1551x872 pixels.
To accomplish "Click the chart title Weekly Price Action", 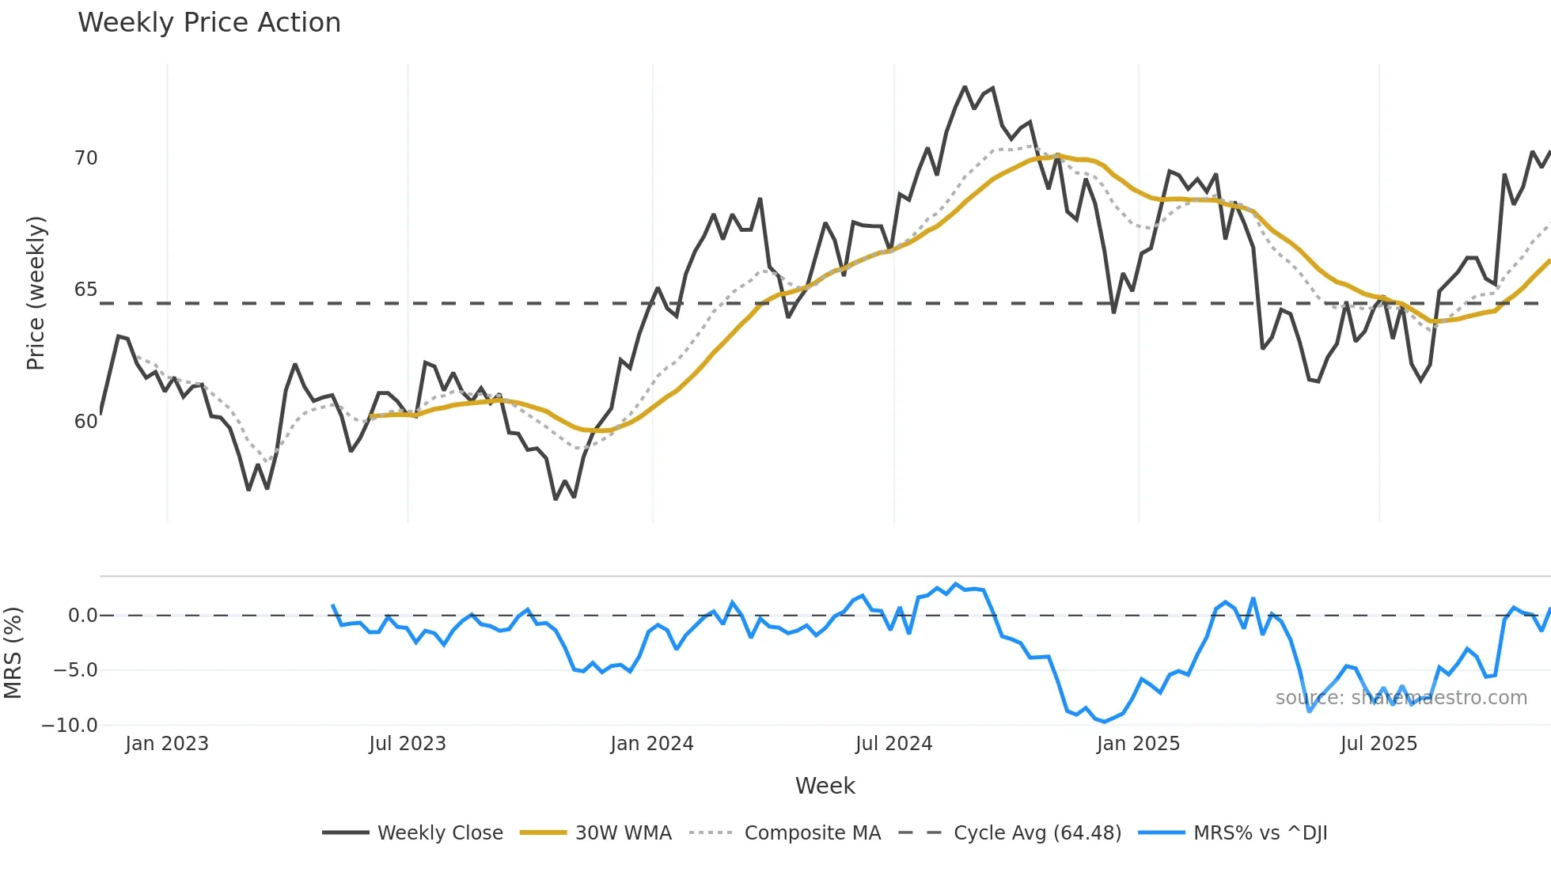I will click(x=209, y=23).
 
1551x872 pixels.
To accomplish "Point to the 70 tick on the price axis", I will click(x=86, y=158).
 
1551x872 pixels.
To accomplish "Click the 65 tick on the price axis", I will click(x=86, y=290).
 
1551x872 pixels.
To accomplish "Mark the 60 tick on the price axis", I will click(x=86, y=421).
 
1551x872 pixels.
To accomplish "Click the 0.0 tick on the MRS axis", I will click(x=82, y=616).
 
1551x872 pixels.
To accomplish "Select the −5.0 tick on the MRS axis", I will click(x=75, y=670).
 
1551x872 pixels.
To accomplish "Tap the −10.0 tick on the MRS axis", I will click(x=70, y=725).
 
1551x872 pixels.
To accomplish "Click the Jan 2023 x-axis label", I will click(x=167, y=744).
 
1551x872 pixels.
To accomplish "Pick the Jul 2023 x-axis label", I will click(x=408, y=744).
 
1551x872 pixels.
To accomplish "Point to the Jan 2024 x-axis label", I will click(x=652, y=744).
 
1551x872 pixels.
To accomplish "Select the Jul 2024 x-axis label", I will click(x=894, y=744).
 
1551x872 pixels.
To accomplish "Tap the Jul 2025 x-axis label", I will click(x=1378, y=744).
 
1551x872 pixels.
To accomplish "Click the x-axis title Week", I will click(x=825, y=786).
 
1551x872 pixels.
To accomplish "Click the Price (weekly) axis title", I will click(x=36, y=293).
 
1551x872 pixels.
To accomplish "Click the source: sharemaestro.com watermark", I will click(x=1401, y=698).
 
